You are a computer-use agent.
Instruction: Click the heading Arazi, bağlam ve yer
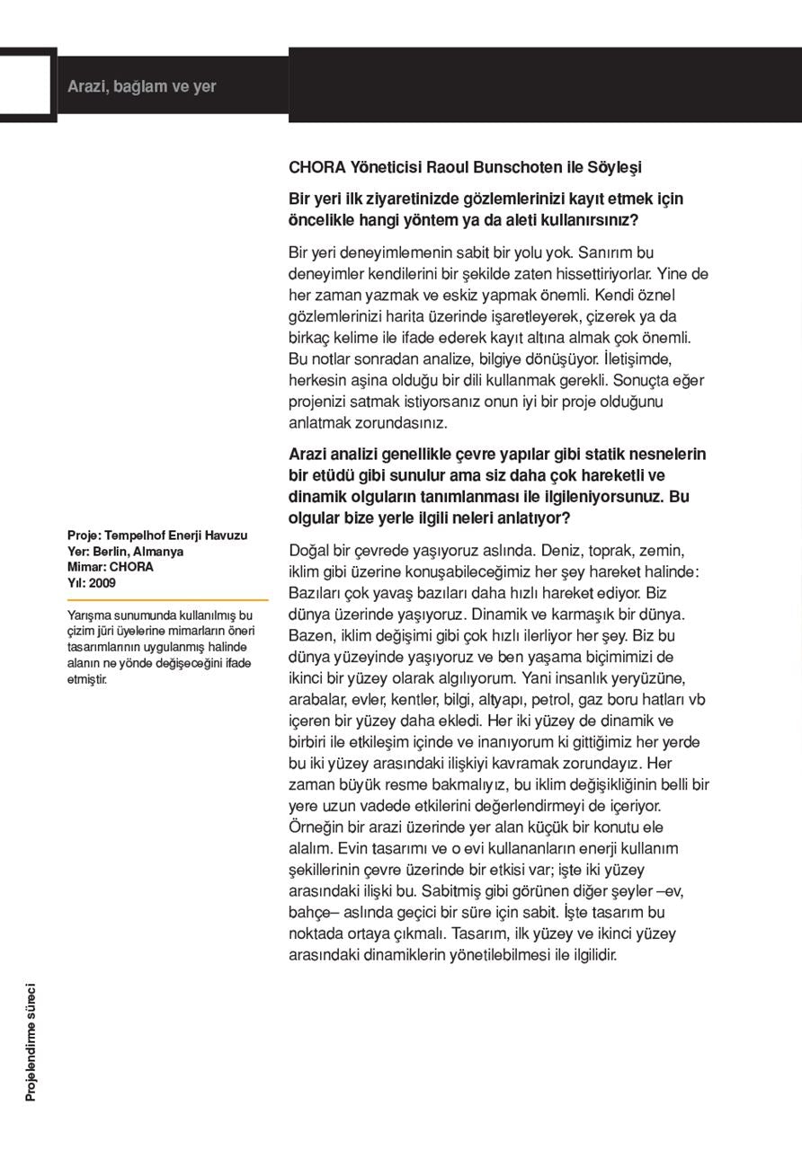tap(141, 87)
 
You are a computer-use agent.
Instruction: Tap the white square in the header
tap(25, 84)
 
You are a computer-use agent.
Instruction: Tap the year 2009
tap(102, 583)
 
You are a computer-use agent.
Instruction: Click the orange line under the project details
tap(167, 599)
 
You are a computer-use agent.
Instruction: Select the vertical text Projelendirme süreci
tap(31, 1042)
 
